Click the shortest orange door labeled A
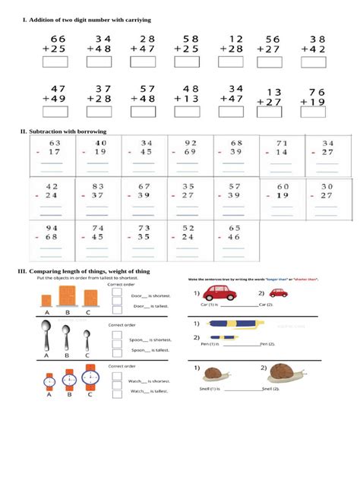tap(47, 302)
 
